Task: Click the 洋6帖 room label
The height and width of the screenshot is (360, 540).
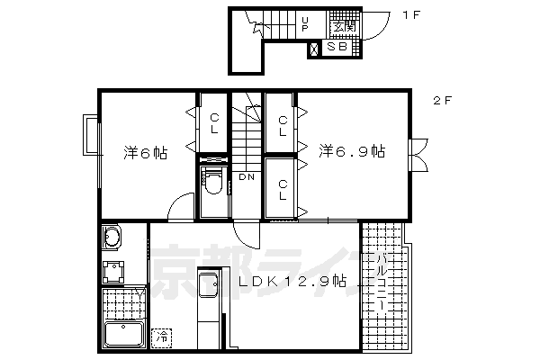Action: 144,153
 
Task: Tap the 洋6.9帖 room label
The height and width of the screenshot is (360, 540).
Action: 351,153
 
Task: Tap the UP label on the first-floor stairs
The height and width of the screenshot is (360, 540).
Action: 306,23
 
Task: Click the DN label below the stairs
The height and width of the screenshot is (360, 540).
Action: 246,176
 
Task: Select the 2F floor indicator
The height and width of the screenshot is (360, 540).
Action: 441,101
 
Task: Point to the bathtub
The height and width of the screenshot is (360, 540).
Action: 123,335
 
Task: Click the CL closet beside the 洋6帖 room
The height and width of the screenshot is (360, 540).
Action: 214,123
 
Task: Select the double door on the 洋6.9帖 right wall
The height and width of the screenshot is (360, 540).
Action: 418,153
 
